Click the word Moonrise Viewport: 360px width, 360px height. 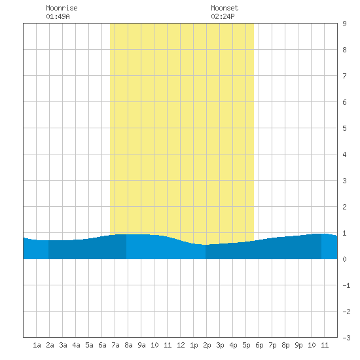coord(62,8)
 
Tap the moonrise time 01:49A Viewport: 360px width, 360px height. coord(58,16)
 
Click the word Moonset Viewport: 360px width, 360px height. coord(225,8)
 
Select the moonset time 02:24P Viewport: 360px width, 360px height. coord(223,16)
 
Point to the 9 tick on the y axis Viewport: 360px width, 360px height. coord(344,24)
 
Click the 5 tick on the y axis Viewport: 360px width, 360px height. coord(344,128)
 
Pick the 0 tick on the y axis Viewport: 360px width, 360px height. coord(344,259)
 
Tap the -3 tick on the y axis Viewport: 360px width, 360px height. coord(346,338)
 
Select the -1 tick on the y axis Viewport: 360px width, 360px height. coord(346,285)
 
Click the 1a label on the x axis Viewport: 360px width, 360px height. coord(37,345)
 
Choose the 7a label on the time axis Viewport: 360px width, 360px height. coord(115,345)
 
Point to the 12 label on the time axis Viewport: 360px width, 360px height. coord(181,345)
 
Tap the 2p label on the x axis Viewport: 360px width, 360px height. coord(207,345)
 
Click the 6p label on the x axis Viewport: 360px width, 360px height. coord(259,345)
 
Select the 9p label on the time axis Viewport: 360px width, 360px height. coord(298,345)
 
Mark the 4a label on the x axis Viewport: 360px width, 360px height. coord(76,345)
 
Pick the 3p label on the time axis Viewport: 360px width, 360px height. coord(220,345)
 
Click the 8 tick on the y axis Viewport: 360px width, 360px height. coord(344,50)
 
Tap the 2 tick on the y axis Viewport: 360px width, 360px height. coord(344,207)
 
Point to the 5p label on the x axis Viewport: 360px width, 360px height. coord(246,345)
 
